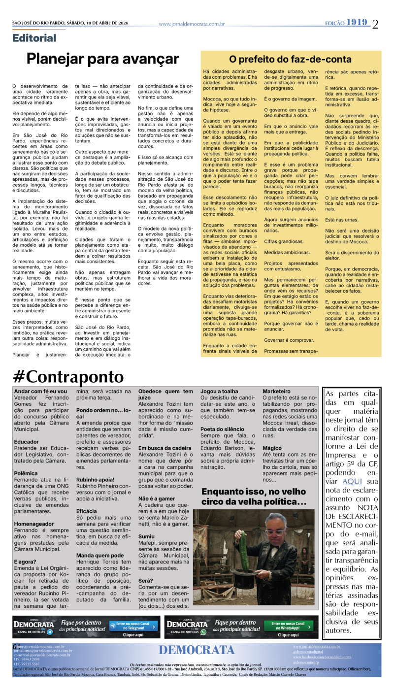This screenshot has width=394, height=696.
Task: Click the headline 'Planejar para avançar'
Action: pos(102,60)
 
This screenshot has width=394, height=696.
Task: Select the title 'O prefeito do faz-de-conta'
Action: pos(290,60)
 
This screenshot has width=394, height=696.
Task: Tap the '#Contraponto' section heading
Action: pos(68,377)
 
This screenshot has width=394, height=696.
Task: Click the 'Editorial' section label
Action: pos(34,38)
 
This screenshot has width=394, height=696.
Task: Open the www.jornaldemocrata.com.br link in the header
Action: pos(192,24)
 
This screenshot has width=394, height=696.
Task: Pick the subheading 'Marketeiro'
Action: pos(276,391)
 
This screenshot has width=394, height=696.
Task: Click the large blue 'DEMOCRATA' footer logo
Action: pos(197,650)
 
